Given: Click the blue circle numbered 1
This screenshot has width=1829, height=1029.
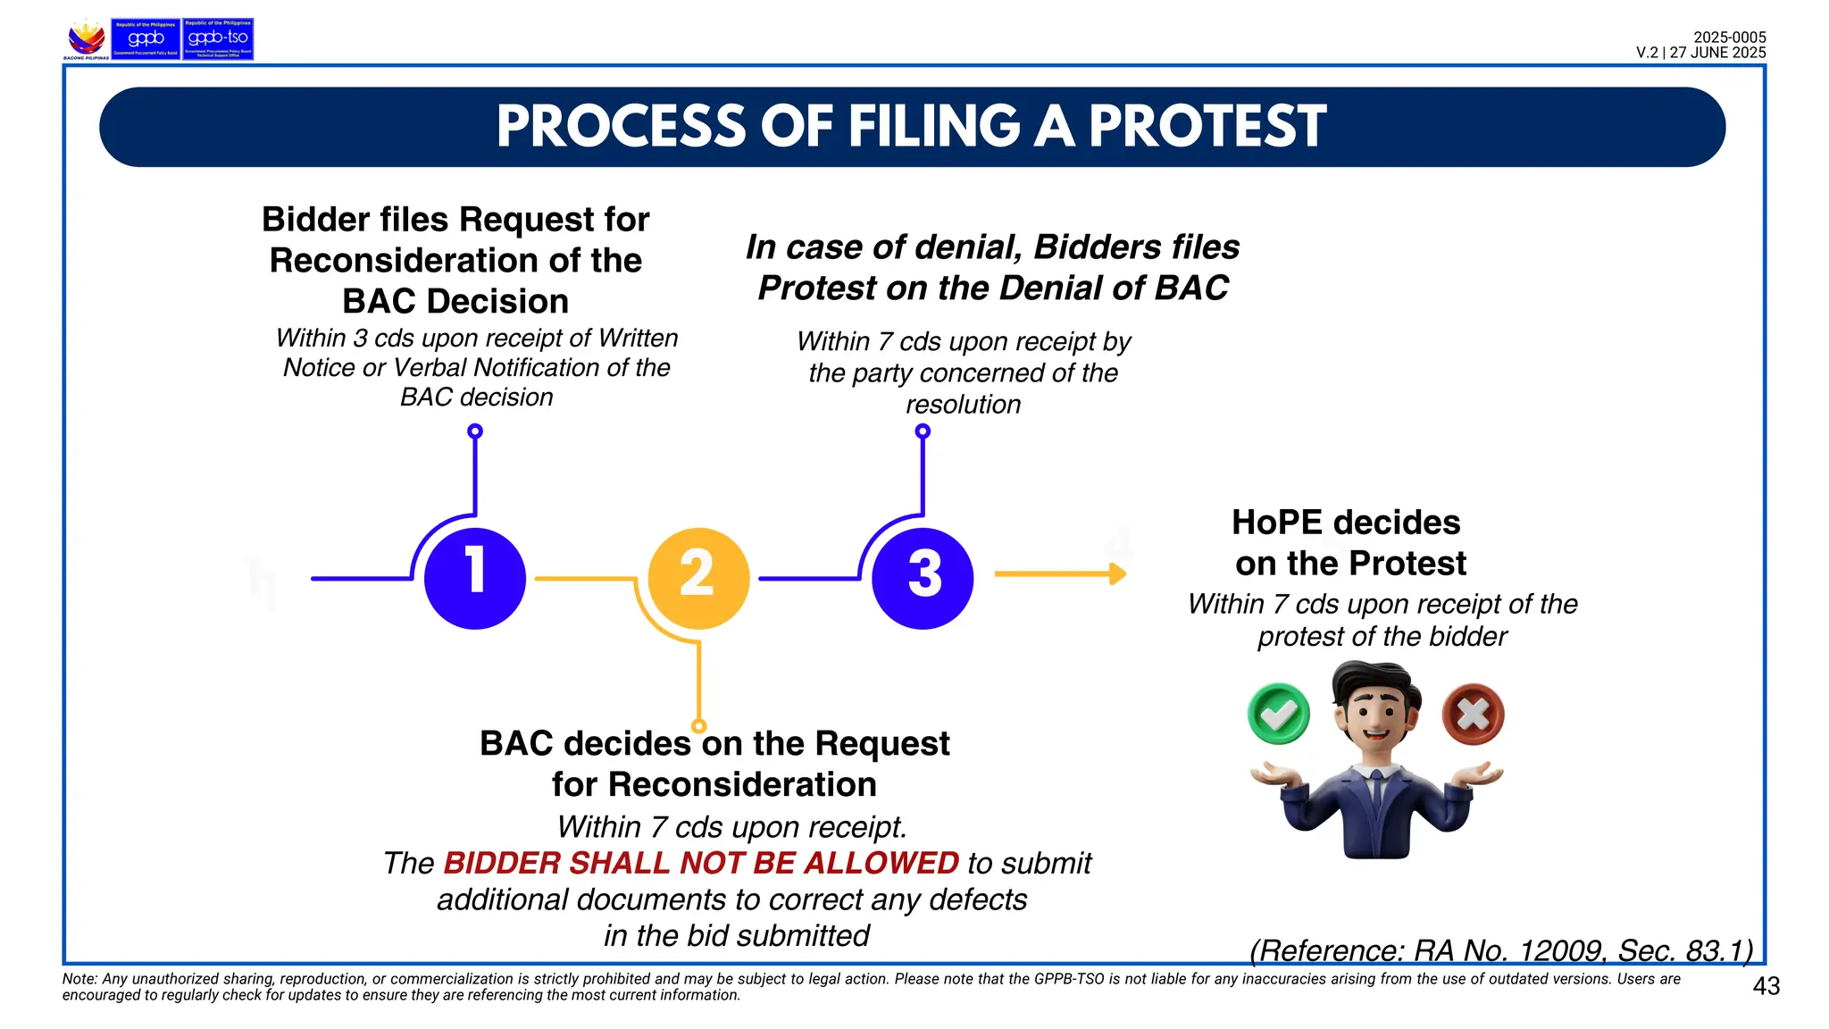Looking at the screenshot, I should pos(475,578).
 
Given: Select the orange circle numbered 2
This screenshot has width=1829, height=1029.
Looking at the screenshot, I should pos(698,578).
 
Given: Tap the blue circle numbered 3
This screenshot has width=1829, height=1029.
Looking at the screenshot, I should pos(923,578).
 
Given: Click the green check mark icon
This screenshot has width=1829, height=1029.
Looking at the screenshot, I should pos(1279,714).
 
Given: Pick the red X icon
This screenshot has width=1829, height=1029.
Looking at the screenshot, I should pos(1473,714).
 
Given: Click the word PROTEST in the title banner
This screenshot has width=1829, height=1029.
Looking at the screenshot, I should pos(1207,126).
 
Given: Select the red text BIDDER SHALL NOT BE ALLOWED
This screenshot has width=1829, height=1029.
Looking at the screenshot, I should pos(701,863).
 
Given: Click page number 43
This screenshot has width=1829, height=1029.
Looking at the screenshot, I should pos(1766,986).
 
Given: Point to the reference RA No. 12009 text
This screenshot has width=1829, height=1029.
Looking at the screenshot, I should pos(1500,950).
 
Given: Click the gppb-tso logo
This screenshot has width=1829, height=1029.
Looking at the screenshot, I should pos(218,39).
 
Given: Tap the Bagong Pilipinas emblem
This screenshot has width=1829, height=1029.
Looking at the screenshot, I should pos(87,39).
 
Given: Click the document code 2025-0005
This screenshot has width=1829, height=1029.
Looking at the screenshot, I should pos(1730,38).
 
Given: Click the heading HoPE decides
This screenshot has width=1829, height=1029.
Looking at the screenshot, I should pos(1346,523).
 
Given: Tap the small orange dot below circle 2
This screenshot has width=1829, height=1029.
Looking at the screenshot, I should pos(699,726).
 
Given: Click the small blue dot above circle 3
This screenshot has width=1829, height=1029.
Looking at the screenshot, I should pos(923,431).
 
